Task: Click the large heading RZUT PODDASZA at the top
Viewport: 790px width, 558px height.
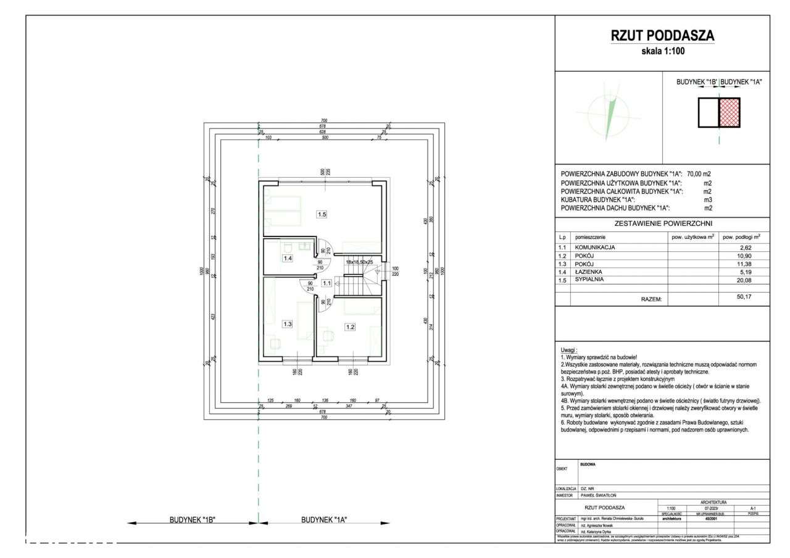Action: (662, 36)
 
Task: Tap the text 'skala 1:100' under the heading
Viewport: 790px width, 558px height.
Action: (663, 52)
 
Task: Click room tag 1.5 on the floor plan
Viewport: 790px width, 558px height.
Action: (322, 214)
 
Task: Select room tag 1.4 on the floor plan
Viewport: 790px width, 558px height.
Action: (287, 259)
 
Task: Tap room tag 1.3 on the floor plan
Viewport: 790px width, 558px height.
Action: (287, 323)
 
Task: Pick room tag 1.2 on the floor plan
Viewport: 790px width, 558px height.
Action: (351, 327)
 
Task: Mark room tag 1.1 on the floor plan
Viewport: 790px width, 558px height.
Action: (327, 283)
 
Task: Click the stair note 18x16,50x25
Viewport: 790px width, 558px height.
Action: (360, 262)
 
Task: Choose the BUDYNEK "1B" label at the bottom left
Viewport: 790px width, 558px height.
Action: (192, 520)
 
